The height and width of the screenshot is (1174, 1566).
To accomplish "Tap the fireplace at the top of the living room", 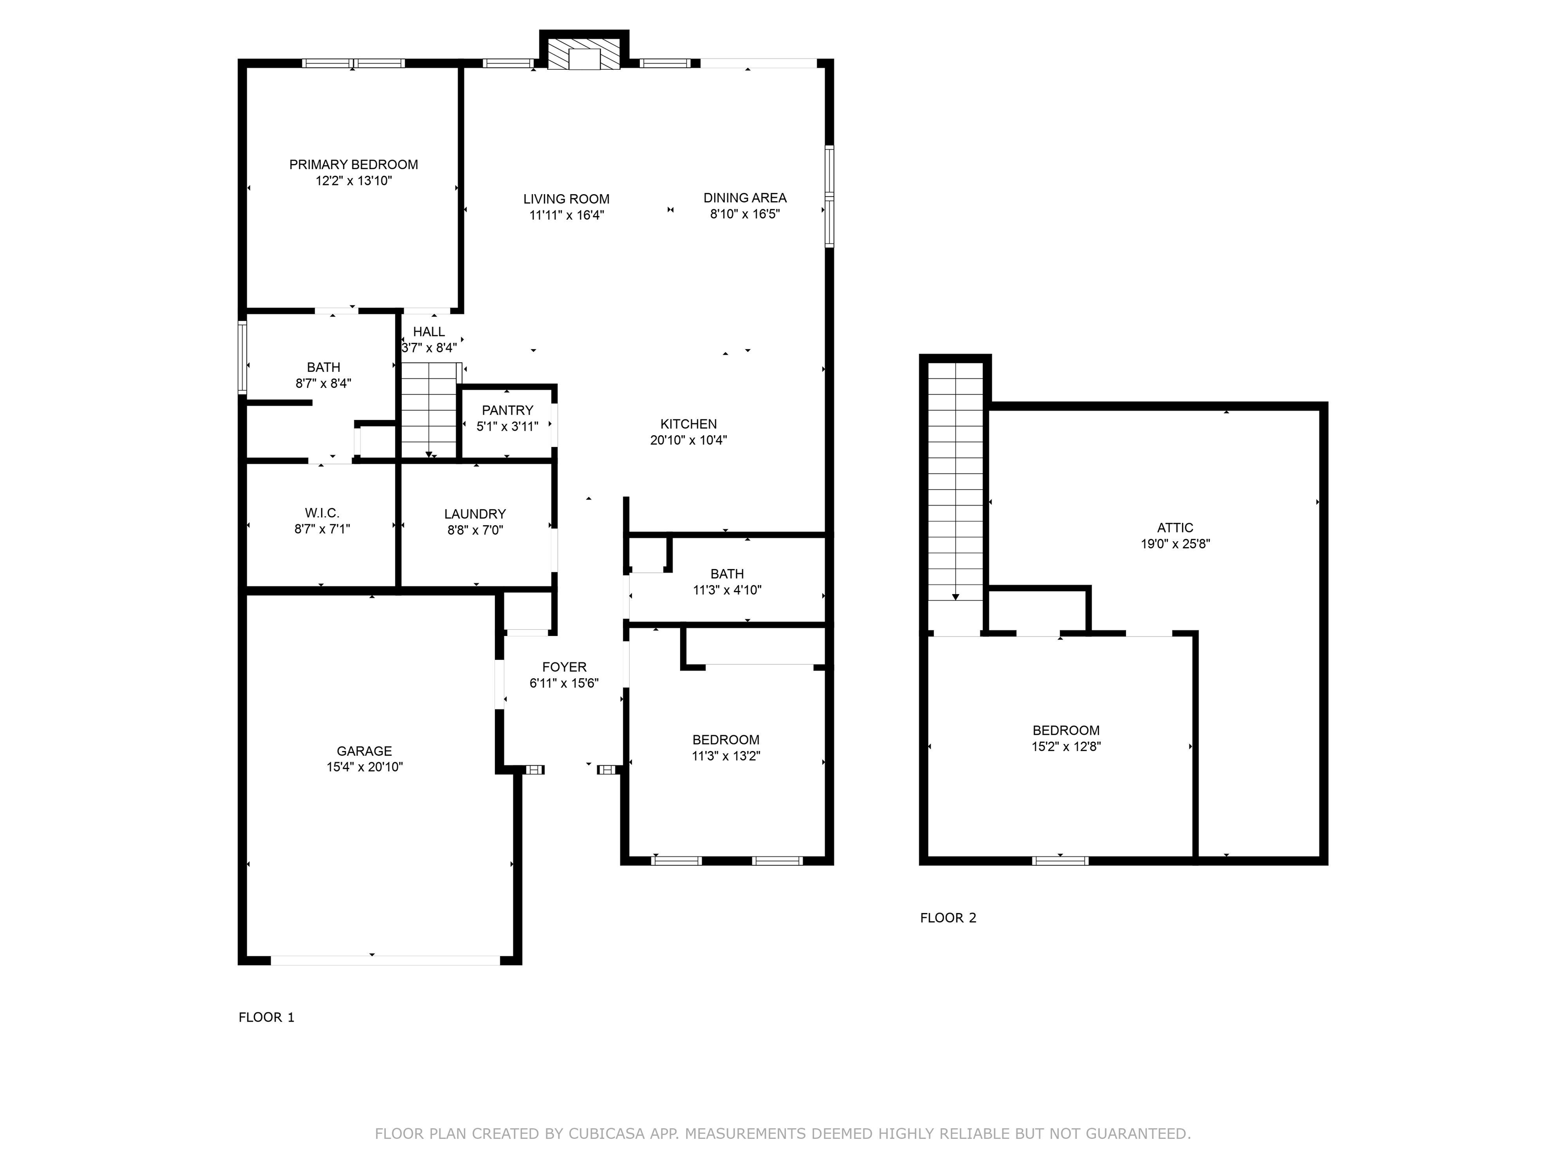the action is point(584,51).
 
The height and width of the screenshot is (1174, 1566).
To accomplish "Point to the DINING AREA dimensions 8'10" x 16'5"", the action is point(745,214).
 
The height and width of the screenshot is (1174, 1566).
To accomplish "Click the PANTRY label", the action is point(508,410).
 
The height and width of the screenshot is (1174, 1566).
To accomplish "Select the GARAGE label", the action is point(364,751).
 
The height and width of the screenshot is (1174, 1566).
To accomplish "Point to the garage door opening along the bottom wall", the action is point(385,960).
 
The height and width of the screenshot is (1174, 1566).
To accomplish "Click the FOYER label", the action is point(564,666).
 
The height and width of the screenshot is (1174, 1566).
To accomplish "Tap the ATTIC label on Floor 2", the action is point(1175,528).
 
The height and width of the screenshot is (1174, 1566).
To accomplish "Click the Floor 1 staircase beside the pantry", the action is point(429,410).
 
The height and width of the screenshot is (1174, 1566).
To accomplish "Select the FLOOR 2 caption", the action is point(948,918).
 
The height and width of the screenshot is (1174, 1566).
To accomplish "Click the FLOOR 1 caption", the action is point(266,1018).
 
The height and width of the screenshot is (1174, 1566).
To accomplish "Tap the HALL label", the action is point(429,332).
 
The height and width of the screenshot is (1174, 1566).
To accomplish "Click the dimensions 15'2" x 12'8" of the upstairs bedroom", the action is point(1066,746).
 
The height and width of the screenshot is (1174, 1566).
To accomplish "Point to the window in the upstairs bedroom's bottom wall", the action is point(1060,861).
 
